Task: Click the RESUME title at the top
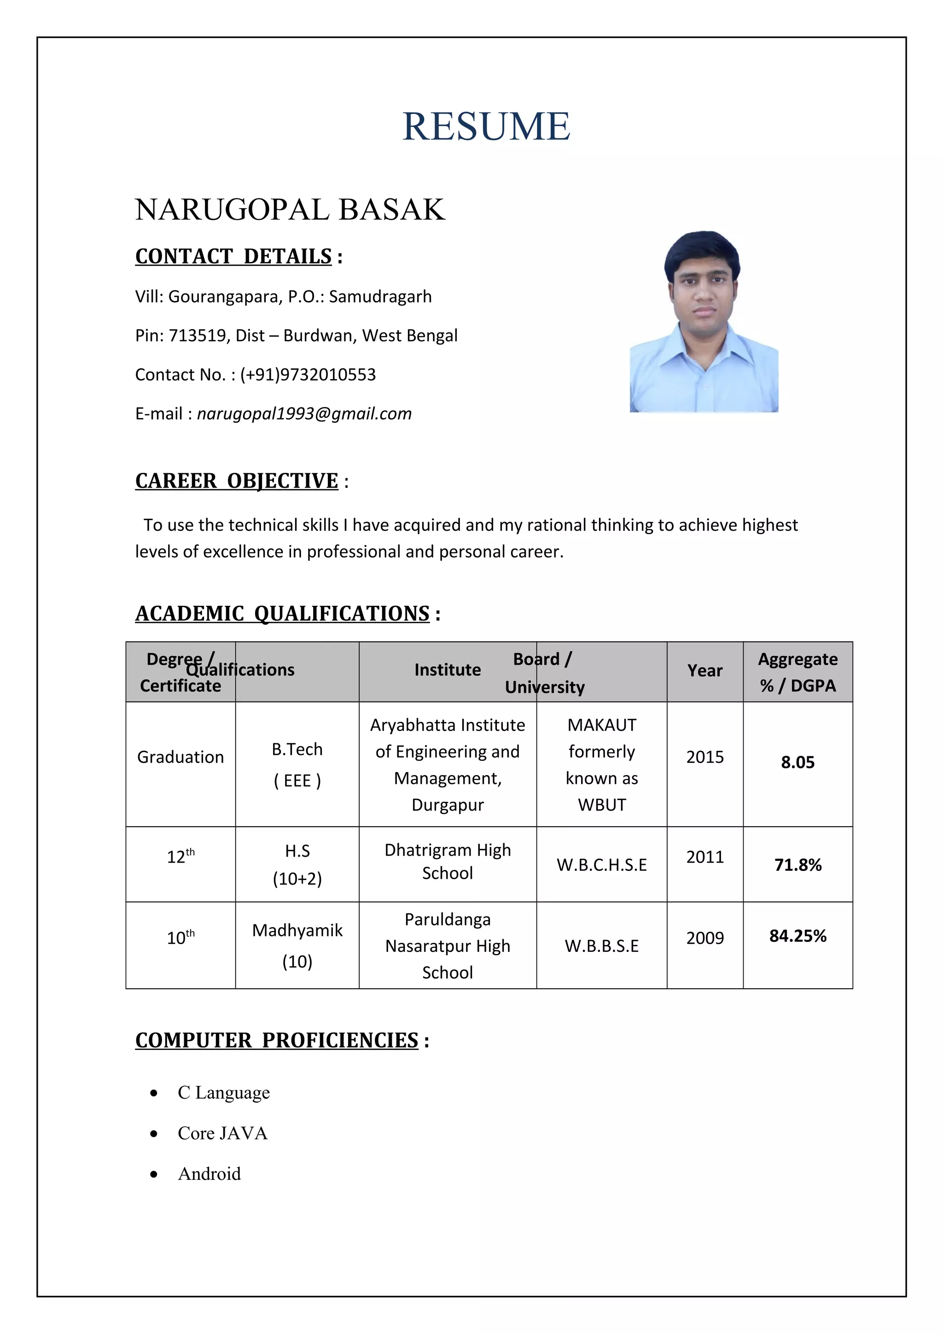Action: click(486, 126)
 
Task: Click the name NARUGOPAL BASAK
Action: click(290, 210)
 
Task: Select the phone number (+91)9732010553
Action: click(308, 375)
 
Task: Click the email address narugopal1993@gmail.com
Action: click(304, 414)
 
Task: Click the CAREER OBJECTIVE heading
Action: click(237, 481)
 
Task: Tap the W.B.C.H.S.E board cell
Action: click(601, 865)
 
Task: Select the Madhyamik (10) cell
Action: click(297, 945)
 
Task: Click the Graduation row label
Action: click(180, 757)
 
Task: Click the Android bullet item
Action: click(209, 1174)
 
